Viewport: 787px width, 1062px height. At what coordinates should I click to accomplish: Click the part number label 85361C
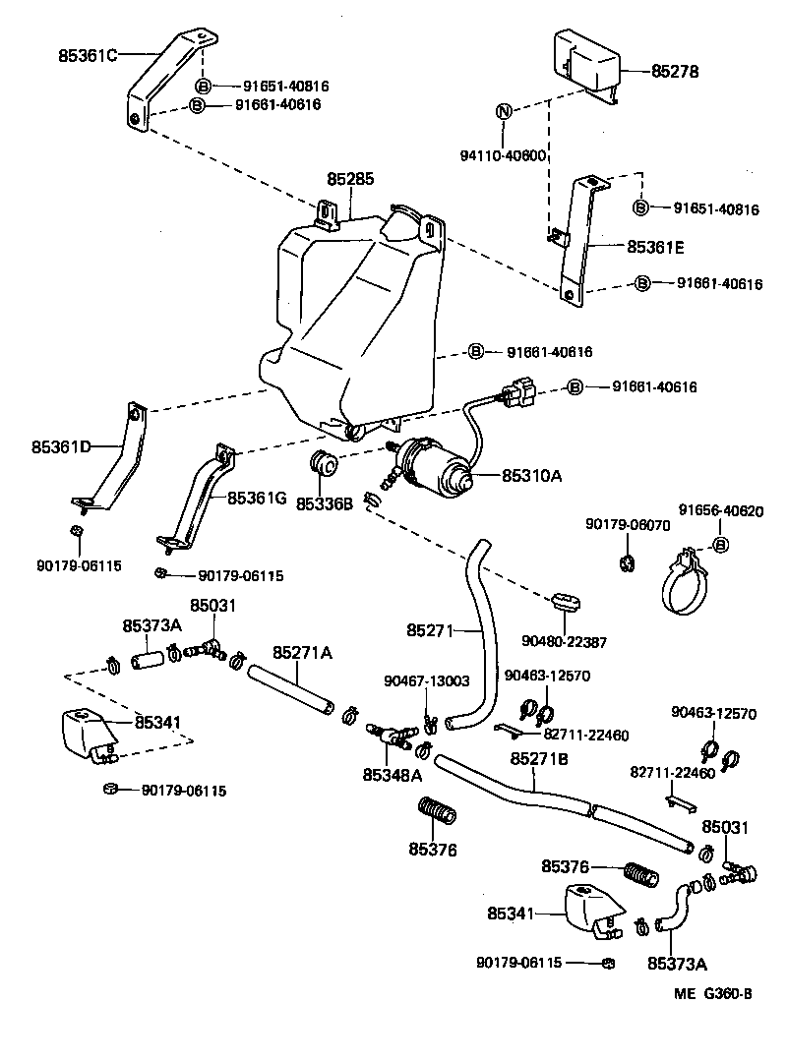coord(88,55)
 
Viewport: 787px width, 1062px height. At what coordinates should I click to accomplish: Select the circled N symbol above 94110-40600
coord(503,111)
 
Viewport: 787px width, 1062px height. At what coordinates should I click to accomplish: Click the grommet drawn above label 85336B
coord(324,463)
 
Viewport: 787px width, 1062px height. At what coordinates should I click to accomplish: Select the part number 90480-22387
coord(569,641)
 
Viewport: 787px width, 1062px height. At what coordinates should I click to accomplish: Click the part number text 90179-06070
coord(628,525)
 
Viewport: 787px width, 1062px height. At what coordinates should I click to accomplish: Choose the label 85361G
coord(257,499)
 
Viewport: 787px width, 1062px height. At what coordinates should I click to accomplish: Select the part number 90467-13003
coord(426,681)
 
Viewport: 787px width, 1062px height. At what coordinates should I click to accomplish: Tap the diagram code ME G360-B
coord(714,994)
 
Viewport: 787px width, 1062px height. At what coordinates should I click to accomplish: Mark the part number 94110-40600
coord(504,155)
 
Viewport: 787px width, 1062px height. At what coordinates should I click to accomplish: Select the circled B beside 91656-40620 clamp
coord(719,545)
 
